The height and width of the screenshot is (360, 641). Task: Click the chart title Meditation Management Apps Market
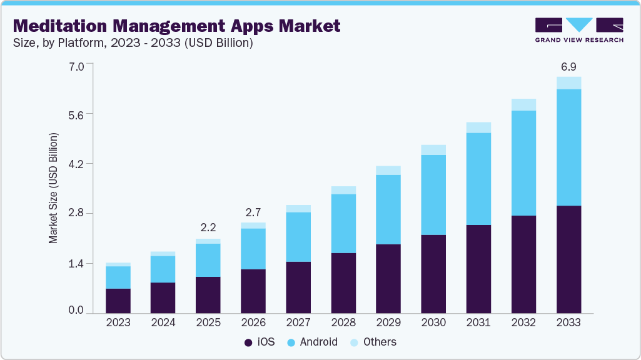pos(176,26)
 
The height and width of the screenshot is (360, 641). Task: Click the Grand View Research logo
pos(578,29)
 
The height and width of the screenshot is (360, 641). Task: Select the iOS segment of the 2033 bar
pos(568,259)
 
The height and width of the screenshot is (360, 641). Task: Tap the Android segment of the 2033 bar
pos(568,147)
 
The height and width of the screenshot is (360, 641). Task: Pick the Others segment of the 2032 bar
pos(523,104)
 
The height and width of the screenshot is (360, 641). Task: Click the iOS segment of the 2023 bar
pos(118,300)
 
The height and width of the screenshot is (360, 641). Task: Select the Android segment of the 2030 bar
pos(433,194)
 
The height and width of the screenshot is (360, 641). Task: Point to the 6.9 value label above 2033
pos(568,66)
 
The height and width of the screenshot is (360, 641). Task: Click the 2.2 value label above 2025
pos(208,227)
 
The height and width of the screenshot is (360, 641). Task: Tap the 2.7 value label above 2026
pos(253,212)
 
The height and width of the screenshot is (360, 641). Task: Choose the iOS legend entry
pos(258,342)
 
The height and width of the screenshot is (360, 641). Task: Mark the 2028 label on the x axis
pos(343,322)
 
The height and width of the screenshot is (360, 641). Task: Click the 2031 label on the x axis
pos(478,322)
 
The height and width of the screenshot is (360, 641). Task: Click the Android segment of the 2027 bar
pos(298,237)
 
